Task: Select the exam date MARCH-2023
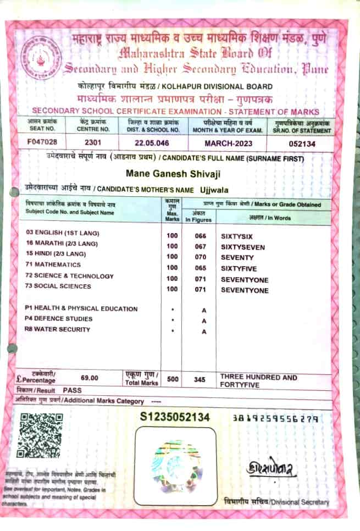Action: click(228, 143)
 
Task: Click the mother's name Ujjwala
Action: click(218, 190)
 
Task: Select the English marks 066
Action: click(201, 235)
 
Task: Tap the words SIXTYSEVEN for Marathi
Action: click(242, 247)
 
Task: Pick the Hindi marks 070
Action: click(201, 257)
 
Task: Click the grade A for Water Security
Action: click(203, 331)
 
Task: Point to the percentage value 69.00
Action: click(89, 378)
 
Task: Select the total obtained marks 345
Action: click(200, 379)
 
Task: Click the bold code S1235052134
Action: click(175, 417)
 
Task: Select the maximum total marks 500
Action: click(173, 379)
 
